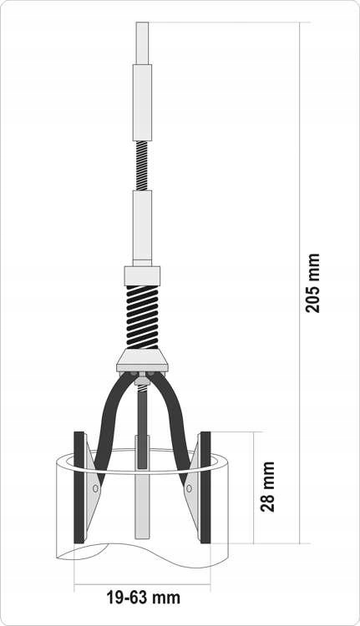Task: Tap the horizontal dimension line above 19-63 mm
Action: coord(142,582)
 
